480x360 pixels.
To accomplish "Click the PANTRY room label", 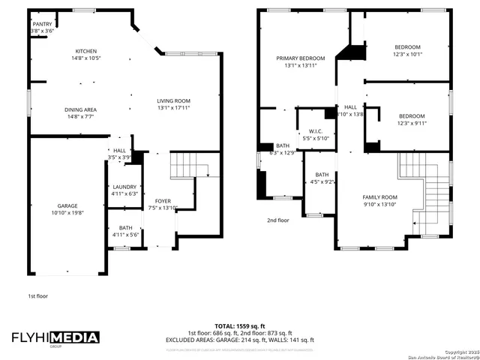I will point(42,24).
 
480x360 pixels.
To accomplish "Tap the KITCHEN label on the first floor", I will point(64,51).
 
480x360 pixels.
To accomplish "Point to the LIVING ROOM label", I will point(173,100).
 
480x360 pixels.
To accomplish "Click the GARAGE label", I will point(68,205).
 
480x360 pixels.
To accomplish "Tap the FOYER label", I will point(163,201).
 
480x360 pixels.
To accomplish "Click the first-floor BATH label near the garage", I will point(124,228).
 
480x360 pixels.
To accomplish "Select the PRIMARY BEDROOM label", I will point(300,58).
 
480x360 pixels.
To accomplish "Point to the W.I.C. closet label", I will point(316,132).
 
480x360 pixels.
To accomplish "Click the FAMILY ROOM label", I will point(379,196).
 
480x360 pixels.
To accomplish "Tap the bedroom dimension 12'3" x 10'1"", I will point(408,54).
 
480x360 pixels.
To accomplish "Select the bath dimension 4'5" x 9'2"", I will point(322,181).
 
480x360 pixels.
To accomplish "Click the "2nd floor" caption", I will point(277,220).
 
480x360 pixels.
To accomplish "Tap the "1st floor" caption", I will point(38,296).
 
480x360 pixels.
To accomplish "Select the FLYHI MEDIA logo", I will point(54,338).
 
